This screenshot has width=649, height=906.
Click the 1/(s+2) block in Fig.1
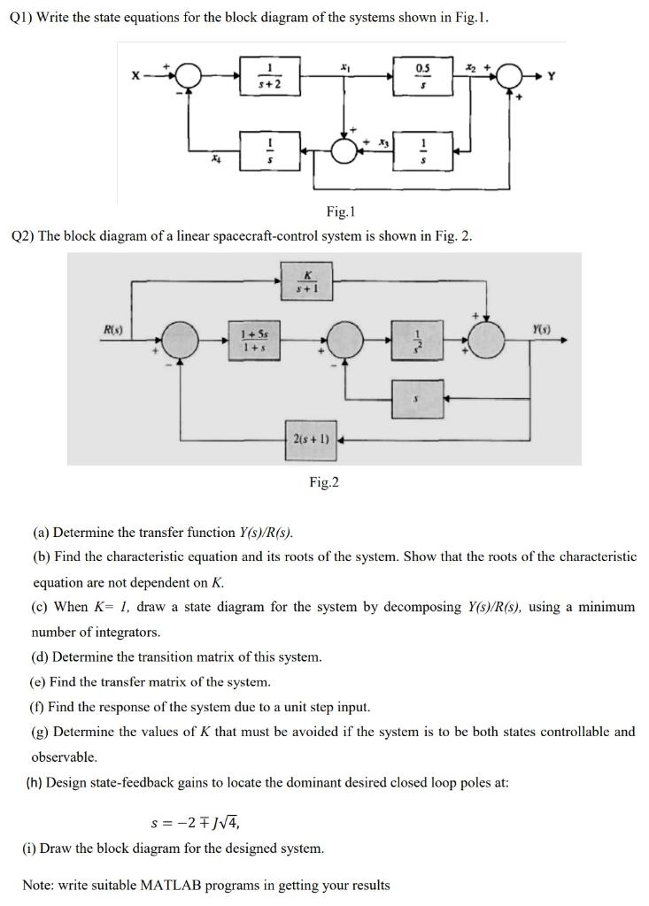[269, 76]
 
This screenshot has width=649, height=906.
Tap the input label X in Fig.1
[135, 77]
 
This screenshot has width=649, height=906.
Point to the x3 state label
[382, 141]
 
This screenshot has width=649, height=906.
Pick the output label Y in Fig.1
[551, 77]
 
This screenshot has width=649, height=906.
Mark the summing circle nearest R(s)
[180, 339]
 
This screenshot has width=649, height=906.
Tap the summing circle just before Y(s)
[487, 339]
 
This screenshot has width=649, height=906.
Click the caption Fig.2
[324, 482]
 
